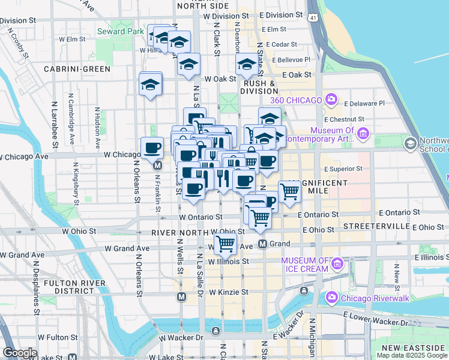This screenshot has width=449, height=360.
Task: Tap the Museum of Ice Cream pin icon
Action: pyautogui.click(x=337, y=263)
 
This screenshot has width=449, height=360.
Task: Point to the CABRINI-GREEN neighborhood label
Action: pyautogui.click(x=77, y=69)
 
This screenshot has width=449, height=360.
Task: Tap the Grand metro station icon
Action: pyautogui.click(x=262, y=244)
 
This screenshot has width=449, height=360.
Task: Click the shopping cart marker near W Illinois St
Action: pyautogui.click(x=225, y=244)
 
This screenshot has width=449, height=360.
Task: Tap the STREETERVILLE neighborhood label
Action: pyautogui.click(x=367, y=226)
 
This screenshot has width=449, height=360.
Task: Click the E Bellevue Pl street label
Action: pyautogui.click(x=291, y=59)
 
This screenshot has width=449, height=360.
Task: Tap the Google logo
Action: pyautogui.click(x=19, y=353)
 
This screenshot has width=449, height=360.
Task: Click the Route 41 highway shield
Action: pyautogui.click(x=313, y=19)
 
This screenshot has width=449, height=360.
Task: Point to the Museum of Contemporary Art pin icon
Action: pyautogui.click(x=363, y=133)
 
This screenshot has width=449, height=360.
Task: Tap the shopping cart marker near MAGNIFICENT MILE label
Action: pyautogui.click(x=290, y=191)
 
